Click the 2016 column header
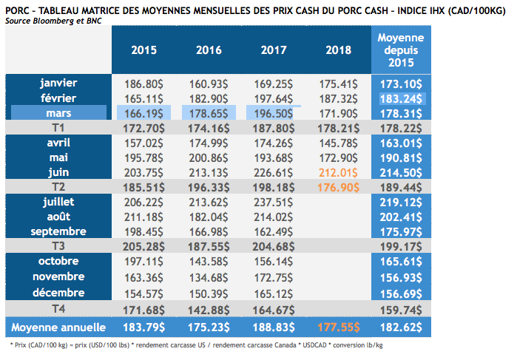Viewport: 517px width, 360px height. click(209, 50)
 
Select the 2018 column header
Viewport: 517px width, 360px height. click(339, 50)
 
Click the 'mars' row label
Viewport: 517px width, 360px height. click(58, 112)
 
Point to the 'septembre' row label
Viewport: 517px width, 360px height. click(58, 231)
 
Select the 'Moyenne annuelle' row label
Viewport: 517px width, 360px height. click(60, 327)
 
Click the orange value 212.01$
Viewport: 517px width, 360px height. click(339, 173)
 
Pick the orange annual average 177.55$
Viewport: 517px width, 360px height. click(339, 327)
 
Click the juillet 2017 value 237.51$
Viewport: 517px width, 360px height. click(274, 201)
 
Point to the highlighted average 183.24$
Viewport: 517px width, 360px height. click(400, 98)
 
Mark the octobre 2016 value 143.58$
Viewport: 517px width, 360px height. click(209, 262)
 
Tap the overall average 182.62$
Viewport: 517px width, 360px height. click(400, 327)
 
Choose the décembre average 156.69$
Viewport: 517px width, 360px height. click(400, 293)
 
